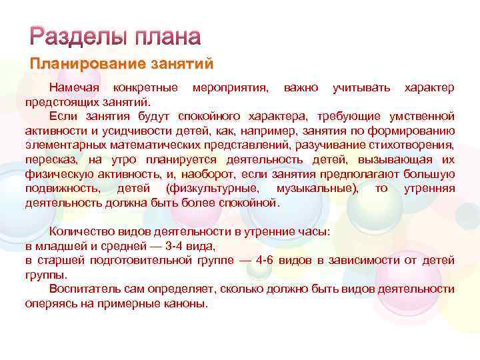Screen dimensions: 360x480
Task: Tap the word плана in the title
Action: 167,37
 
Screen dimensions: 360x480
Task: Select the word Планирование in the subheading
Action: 80,65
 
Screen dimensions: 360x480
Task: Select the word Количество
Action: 83,231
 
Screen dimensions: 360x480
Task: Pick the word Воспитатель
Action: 86,289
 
